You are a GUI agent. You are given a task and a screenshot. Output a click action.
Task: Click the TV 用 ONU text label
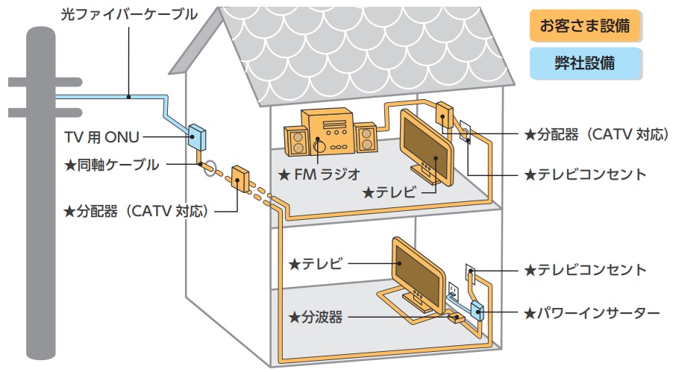coord(95,136)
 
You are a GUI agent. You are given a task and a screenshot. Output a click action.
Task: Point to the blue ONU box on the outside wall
coord(198,136)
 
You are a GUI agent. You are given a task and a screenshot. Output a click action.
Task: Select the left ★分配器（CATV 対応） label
coord(135,211)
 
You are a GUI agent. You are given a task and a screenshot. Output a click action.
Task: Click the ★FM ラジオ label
coord(319,175)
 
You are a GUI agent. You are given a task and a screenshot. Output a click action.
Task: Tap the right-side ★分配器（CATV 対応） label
coord(585,136)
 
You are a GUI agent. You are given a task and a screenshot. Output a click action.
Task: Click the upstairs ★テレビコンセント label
coord(585,174)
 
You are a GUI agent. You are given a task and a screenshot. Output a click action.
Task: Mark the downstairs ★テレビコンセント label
coord(585,269)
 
